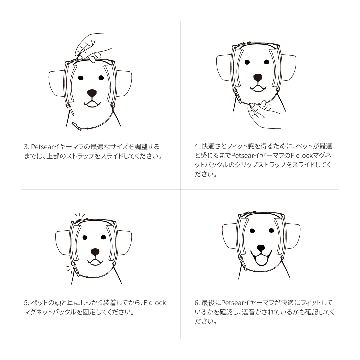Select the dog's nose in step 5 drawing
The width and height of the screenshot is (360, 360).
95,251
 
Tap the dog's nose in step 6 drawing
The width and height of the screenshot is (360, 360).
261,248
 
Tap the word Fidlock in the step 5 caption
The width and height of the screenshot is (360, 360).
155,303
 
